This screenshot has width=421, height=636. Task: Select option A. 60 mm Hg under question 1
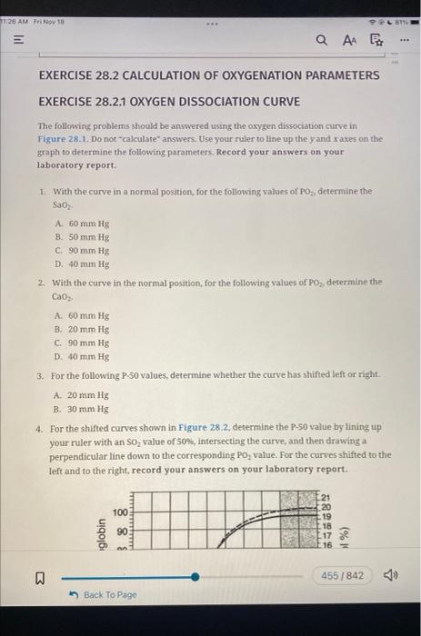click(82, 224)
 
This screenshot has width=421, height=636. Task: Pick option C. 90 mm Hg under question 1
click(82, 250)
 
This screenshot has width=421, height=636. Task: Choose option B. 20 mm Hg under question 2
click(82, 330)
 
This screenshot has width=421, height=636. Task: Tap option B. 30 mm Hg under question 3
click(82, 409)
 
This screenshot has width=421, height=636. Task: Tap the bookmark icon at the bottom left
click(39, 576)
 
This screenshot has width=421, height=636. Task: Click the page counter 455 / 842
click(342, 576)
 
